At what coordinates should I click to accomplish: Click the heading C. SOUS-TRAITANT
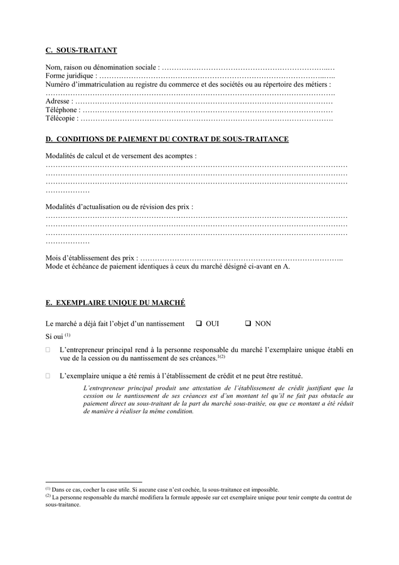[x=81, y=50]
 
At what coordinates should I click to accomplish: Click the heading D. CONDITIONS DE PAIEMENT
[x=168, y=139]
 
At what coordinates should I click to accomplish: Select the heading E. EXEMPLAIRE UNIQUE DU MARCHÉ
[x=115, y=303]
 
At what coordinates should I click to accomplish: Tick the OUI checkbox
[x=198, y=324]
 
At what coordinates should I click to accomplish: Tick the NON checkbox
[x=248, y=324]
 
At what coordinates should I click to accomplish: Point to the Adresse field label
[x=58, y=101]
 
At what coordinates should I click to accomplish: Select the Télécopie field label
[x=61, y=118]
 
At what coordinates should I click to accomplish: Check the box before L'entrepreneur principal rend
[x=48, y=349]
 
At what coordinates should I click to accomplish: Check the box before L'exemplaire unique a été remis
[x=48, y=375]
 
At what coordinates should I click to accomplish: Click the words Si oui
[x=55, y=337]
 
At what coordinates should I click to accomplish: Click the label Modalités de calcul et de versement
[x=121, y=156]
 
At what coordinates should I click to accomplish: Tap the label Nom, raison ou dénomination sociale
[x=102, y=67]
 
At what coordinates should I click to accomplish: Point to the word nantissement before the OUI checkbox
[x=164, y=324]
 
